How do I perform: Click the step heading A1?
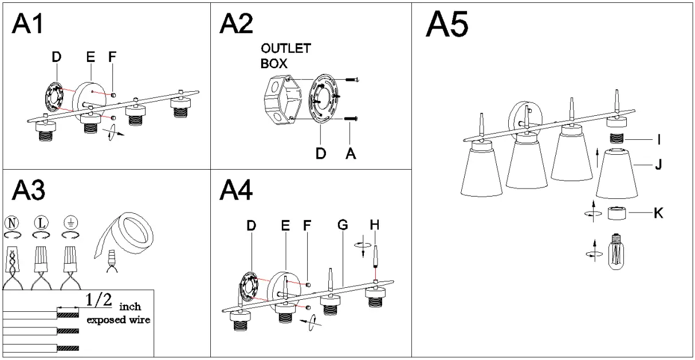click(28, 25)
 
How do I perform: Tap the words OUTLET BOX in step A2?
click(285, 56)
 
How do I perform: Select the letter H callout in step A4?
click(375, 226)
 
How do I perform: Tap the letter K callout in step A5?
click(658, 213)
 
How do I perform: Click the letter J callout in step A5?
click(658, 166)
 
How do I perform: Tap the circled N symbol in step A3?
click(12, 222)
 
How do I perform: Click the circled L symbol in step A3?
click(41, 222)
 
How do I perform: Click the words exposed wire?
click(119, 320)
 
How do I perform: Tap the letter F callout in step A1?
click(112, 57)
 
